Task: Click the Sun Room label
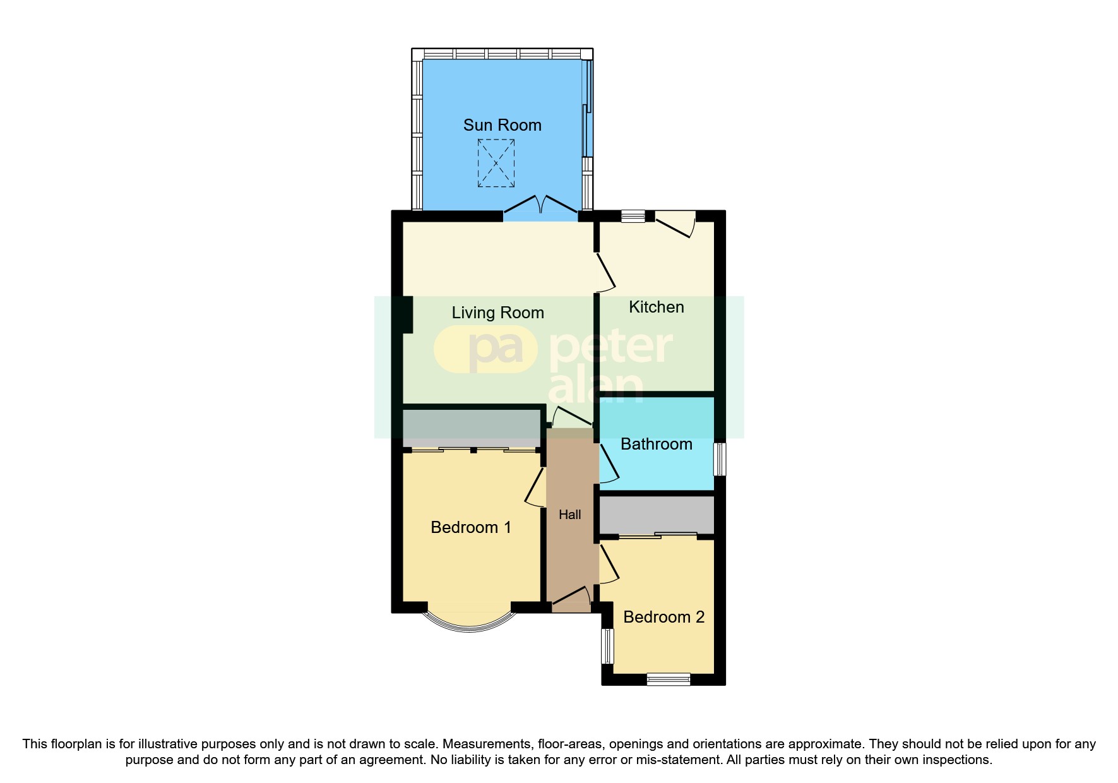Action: point(502,125)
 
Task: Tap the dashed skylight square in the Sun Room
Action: point(496,163)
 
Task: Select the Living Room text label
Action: point(497,313)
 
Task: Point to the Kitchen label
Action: point(657,307)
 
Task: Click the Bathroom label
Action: point(657,444)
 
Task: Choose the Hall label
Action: point(569,515)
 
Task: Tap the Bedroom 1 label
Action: point(470,527)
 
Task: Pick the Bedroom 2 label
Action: point(663,617)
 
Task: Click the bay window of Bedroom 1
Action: point(469,621)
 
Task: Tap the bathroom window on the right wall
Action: point(720,459)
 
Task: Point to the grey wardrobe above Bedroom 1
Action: point(472,428)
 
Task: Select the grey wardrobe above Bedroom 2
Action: point(657,514)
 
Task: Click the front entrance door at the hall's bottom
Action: point(571,599)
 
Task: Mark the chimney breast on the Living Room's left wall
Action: point(408,314)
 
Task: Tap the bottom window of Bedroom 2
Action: point(669,679)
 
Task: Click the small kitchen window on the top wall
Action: point(633,216)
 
